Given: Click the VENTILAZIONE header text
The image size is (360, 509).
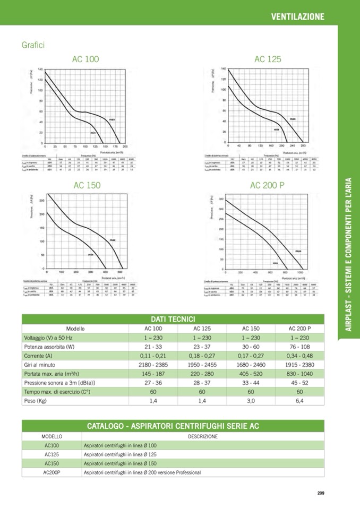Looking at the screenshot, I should [297, 16].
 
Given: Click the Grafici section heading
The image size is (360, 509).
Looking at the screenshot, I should [33, 45].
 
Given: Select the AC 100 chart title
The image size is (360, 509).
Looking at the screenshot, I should [85, 59].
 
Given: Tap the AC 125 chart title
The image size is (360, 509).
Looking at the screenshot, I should [268, 59].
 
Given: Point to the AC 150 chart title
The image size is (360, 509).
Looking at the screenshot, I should [87, 185].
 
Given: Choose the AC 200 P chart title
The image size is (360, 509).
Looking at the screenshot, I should [267, 185].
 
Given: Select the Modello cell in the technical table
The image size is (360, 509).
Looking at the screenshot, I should [75, 329].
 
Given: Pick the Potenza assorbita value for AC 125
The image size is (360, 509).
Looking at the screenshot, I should [202, 347].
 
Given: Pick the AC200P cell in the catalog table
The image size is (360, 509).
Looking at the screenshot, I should [52, 472].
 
